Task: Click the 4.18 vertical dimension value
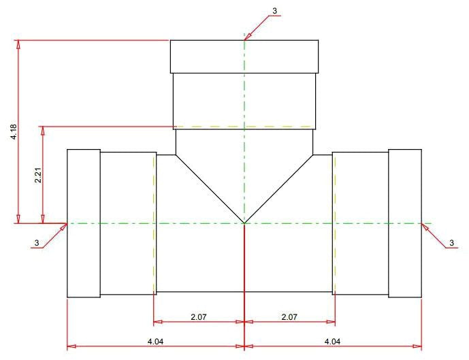(x=14, y=132)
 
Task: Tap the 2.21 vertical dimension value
(x=37, y=175)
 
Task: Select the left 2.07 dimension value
(x=199, y=316)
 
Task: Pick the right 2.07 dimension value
(x=289, y=316)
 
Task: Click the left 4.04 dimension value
(x=155, y=341)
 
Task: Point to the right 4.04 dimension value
(x=332, y=341)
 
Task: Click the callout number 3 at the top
(x=274, y=11)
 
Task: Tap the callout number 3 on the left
(x=37, y=242)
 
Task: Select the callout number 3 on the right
(x=452, y=242)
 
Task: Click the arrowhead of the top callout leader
(x=247, y=37)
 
